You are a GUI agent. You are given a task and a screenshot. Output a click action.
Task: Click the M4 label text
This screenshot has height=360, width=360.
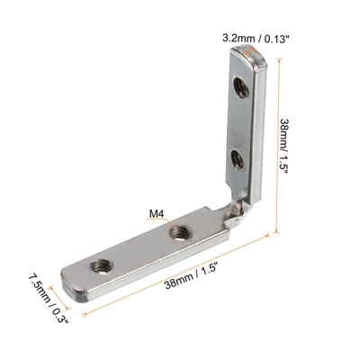(x=155, y=215)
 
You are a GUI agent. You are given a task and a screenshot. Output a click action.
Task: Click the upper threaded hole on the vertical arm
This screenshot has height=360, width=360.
(x=240, y=87)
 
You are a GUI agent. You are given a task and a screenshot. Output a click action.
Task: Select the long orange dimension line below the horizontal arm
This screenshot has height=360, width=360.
(x=180, y=278)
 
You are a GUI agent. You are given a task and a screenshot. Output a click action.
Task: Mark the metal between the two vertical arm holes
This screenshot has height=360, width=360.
(x=238, y=123)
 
